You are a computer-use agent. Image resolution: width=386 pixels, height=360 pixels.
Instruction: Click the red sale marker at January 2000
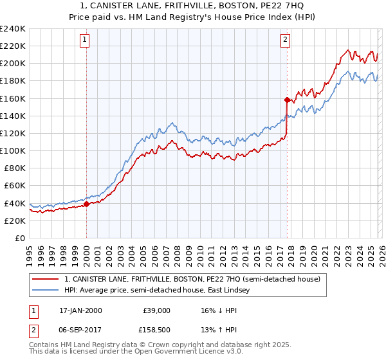tap(86, 204)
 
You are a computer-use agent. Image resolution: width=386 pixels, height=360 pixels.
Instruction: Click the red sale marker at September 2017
tap(287, 100)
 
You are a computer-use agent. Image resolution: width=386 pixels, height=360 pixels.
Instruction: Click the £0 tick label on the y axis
tap(19, 238)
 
